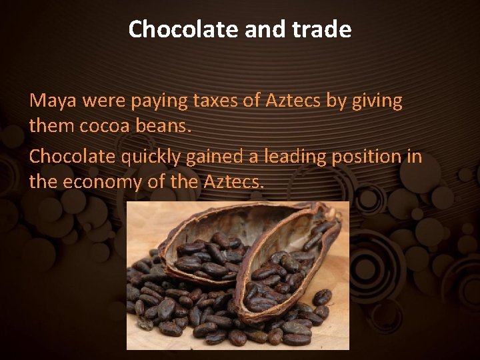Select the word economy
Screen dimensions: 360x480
pos(101,181)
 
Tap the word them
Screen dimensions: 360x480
pos(50,126)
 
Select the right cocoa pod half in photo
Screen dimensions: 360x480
pos(293,267)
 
